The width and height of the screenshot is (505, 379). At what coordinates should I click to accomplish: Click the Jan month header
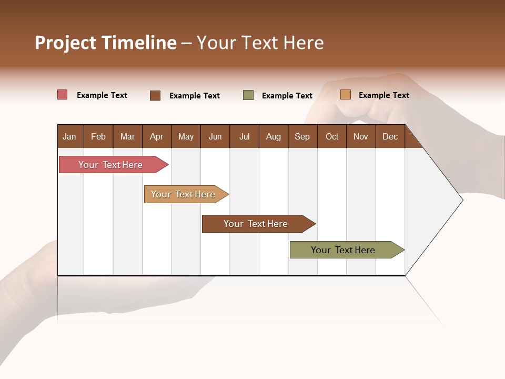[x=69, y=136]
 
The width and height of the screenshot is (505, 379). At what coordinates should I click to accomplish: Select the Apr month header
[x=156, y=136]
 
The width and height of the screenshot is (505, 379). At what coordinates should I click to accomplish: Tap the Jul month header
[x=244, y=136]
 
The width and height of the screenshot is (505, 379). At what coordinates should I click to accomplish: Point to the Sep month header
[x=302, y=136]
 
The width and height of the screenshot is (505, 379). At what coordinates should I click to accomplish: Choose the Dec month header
[x=390, y=136]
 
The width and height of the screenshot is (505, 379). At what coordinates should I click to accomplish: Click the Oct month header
[x=332, y=136]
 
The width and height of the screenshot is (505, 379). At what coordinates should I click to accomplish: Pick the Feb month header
[x=98, y=136]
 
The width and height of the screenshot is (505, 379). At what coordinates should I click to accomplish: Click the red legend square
[x=62, y=95]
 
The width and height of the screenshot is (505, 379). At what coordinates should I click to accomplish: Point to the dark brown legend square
[x=155, y=95]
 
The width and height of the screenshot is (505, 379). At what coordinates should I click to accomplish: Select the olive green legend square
[x=248, y=95]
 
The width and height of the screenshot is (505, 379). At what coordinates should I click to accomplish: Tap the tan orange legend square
[x=345, y=95]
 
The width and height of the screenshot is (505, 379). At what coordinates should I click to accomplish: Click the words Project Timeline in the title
[x=106, y=43]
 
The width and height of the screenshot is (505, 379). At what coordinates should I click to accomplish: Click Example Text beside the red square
[x=102, y=95]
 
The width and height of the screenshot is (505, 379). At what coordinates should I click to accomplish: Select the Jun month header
[x=215, y=136]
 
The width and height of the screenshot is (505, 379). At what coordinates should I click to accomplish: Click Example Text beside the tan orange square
[x=384, y=95]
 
